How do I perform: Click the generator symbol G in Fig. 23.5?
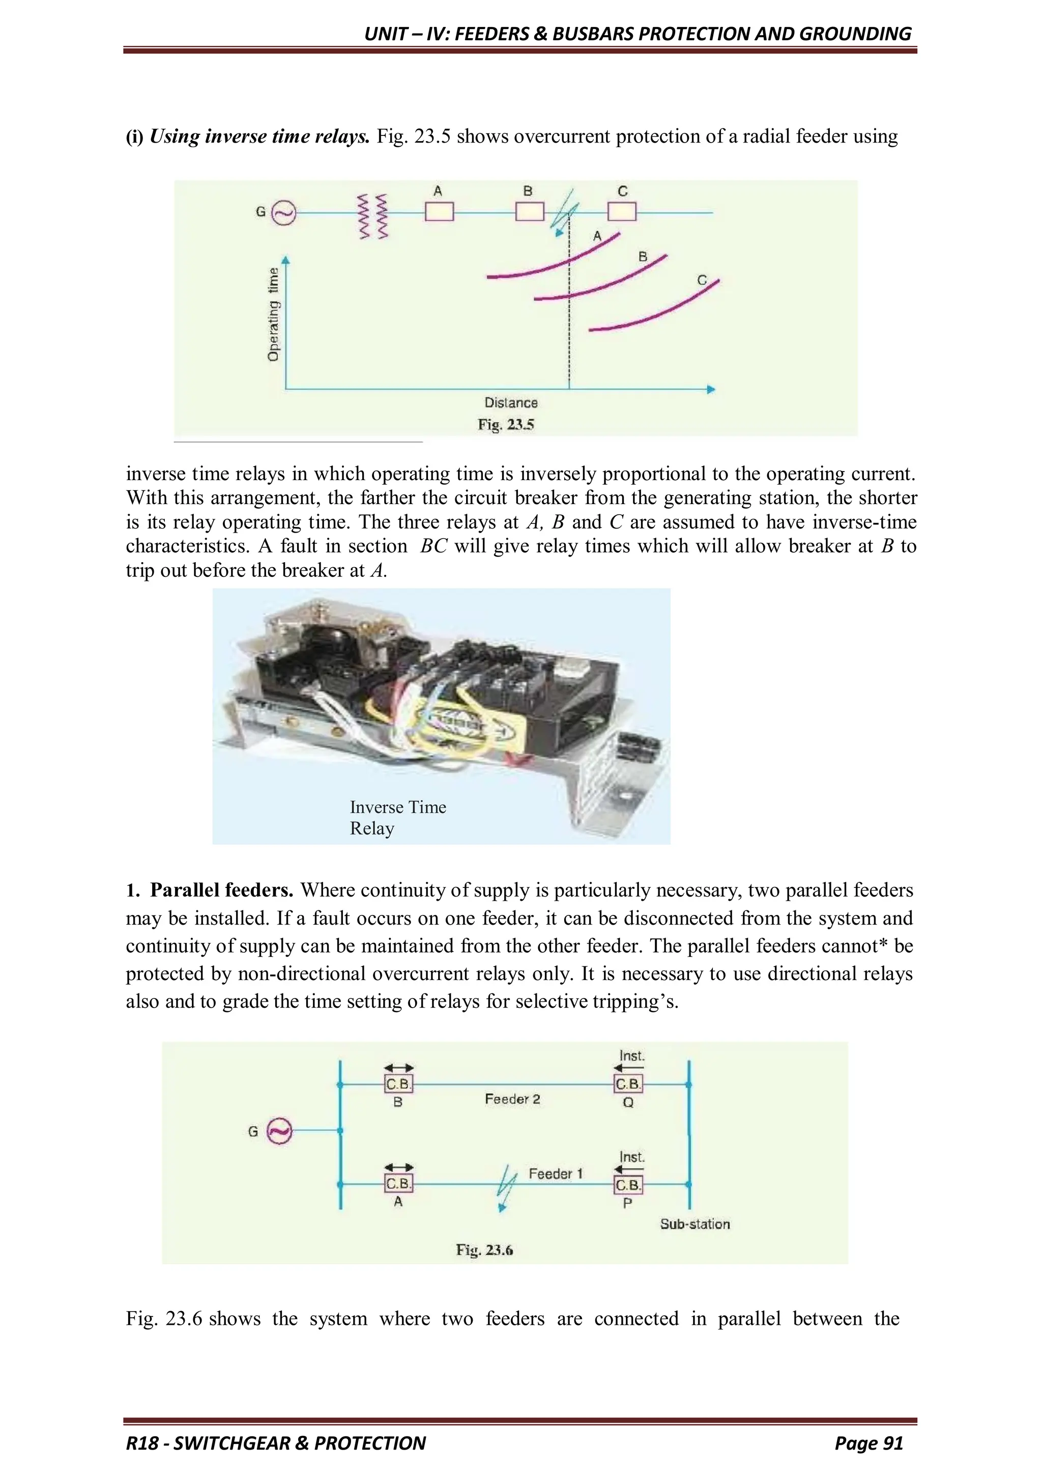[283, 212]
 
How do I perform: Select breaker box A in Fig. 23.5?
[440, 211]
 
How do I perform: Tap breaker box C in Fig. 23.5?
[622, 211]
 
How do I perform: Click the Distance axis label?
[511, 403]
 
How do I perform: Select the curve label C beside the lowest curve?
[702, 281]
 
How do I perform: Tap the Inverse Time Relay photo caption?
[398, 817]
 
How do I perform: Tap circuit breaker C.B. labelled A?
[398, 1183]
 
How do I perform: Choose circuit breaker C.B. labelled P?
[627, 1184]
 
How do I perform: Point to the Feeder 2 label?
[512, 1099]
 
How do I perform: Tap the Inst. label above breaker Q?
[631, 1056]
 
